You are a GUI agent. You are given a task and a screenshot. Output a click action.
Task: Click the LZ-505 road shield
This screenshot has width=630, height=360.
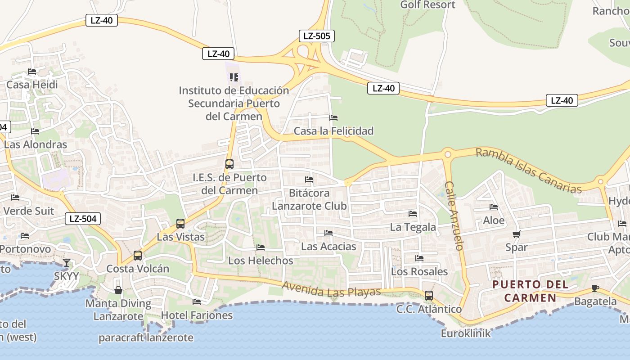coord(317,36)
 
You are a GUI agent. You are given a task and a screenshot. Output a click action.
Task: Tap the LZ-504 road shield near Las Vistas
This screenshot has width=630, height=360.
coord(83,219)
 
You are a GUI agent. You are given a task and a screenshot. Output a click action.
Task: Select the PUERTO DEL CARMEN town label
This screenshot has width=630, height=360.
coord(530,291)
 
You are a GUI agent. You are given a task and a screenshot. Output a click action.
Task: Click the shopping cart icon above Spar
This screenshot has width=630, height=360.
coord(517,234)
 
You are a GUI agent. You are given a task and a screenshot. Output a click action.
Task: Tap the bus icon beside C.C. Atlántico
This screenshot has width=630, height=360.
coord(429,296)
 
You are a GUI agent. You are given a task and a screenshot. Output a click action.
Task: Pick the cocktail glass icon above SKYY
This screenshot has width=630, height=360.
coord(67,263)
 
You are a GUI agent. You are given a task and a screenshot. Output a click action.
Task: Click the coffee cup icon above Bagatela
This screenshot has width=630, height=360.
coord(595,288)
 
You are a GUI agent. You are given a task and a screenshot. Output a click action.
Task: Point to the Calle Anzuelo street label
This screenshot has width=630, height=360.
coord(454,216)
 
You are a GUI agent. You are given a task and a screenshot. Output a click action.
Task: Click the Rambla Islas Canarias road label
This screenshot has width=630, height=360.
coord(528,171)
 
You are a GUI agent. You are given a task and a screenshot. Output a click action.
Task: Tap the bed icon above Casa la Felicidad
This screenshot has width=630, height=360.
coord(333,118)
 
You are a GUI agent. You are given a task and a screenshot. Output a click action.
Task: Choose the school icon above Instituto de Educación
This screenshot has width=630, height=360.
coord(234,77)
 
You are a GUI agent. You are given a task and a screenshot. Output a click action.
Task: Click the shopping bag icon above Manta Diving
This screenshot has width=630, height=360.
coord(118,290)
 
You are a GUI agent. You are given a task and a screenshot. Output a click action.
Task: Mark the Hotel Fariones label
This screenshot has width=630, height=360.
coord(197,315)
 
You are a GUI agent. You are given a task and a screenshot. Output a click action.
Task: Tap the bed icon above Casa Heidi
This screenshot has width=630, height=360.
coord(31,72)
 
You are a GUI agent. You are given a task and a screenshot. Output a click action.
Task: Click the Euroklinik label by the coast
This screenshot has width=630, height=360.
coord(466,333)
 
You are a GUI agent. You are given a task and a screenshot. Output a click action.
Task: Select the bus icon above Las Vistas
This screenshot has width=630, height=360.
coord(180,223)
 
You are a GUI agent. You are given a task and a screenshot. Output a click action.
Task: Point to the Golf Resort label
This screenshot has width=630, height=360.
coord(427,5)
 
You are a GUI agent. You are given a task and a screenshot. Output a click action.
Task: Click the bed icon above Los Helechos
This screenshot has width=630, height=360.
coord(260,247)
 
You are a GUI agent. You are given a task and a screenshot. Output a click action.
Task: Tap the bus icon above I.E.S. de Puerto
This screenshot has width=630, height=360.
coord(229,164)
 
